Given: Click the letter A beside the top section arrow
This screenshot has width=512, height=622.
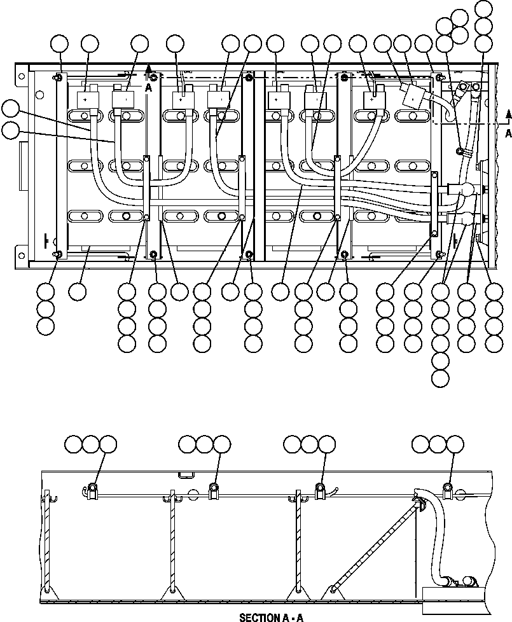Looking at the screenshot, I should [148, 88].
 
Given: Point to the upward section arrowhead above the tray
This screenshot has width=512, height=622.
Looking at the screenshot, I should [148, 66].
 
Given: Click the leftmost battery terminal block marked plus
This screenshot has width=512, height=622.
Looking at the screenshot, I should [86, 100].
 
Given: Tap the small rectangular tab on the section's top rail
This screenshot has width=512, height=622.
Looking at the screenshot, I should [186, 474].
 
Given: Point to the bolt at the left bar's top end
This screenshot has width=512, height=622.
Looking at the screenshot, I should [58, 78].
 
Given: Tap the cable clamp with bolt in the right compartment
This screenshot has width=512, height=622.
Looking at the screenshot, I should [459, 151].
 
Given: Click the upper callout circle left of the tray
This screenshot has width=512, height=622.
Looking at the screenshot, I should [10, 108].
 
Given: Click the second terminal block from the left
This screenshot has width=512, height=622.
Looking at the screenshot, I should [123, 100].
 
